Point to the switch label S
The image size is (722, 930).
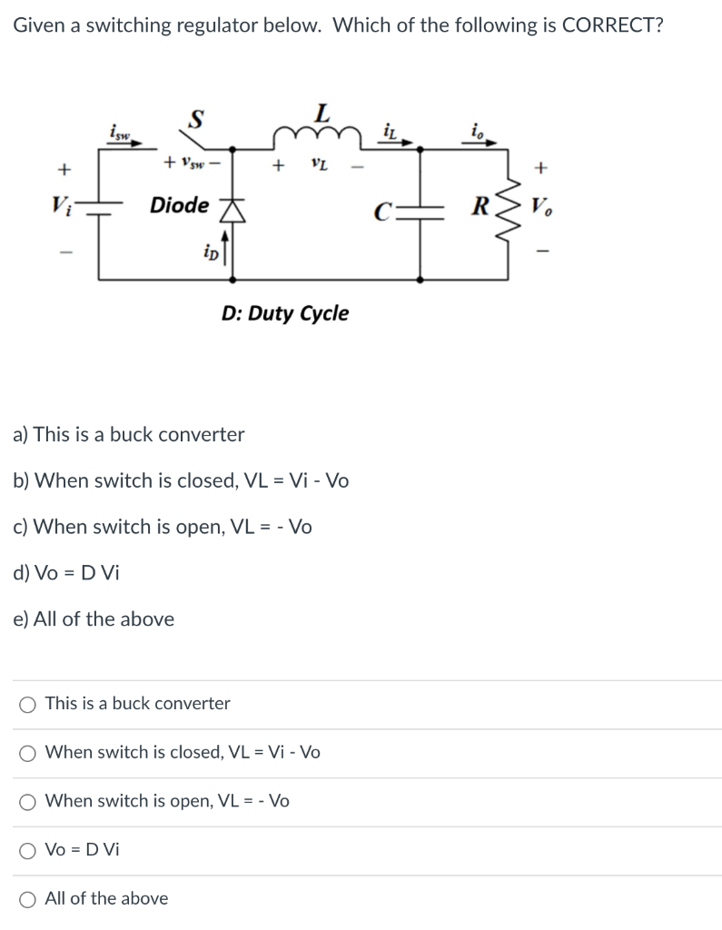tap(195, 117)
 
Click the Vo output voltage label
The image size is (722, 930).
tap(542, 204)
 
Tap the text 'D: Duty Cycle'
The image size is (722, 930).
tap(284, 313)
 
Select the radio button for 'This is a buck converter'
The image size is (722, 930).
tap(29, 704)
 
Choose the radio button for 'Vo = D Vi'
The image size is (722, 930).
tap(29, 850)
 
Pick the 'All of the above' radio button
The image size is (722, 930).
tap(29, 899)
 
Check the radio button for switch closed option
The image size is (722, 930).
tap(29, 753)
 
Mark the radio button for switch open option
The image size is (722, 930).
tap(29, 801)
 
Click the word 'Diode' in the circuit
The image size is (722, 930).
tap(179, 205)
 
